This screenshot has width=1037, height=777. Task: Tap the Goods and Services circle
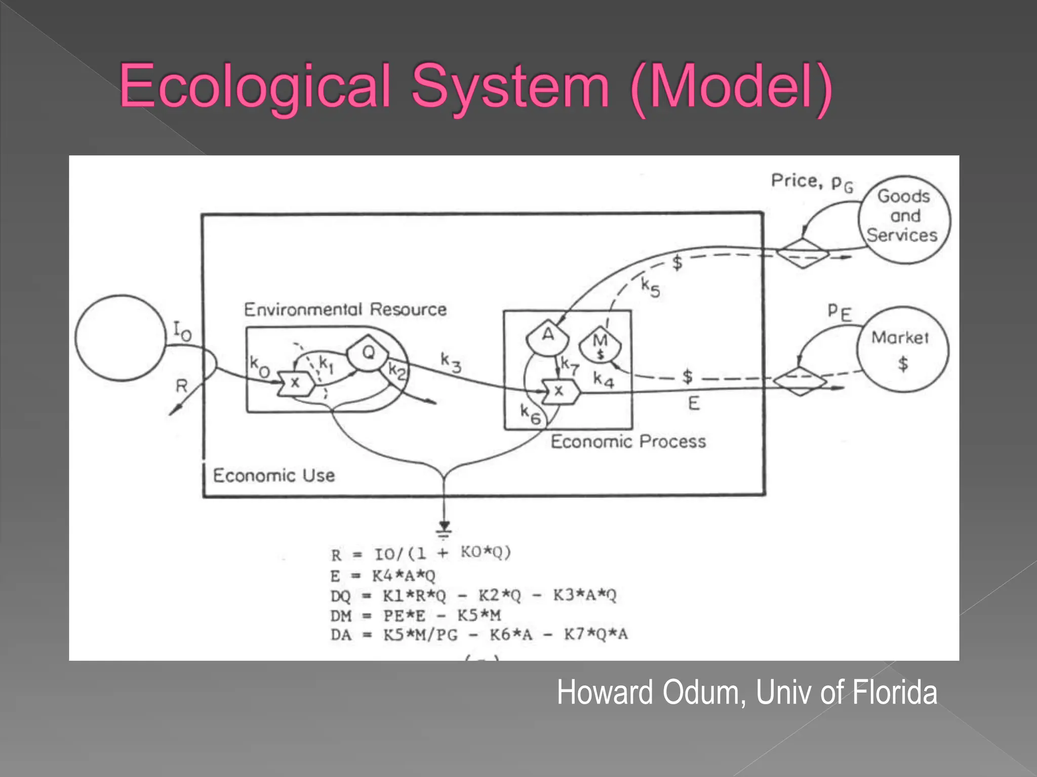pyautogui.click(x=904, y=219)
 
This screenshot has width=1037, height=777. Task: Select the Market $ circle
pyautogui.click(x=902, y=350)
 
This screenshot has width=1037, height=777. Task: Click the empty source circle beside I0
pyautogui.click(x=121, y=338)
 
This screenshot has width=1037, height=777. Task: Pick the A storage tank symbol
pyautogui.click(x=548, y=336)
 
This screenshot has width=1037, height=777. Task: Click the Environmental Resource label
pyautogui.click(x=345, y=309)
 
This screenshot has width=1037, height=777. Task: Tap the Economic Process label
pyautogui.click(x=628, y=442)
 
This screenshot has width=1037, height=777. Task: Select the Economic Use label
pyautogui.click(x=274, y=476)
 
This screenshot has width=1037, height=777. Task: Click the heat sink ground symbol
pyautogui.click(x=444, y=529)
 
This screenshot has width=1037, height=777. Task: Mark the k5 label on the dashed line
pyautogui.click(x=650, y=287)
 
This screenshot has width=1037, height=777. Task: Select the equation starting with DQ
pyautogui.click(x=473, y=596)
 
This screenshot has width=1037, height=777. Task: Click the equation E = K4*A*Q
pyautogui.click(x=383, y=576)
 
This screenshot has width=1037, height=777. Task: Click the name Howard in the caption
pyautogui.click(x=605, y=693)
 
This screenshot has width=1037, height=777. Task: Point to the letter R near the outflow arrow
pyautogui.click(x=181, y=386)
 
